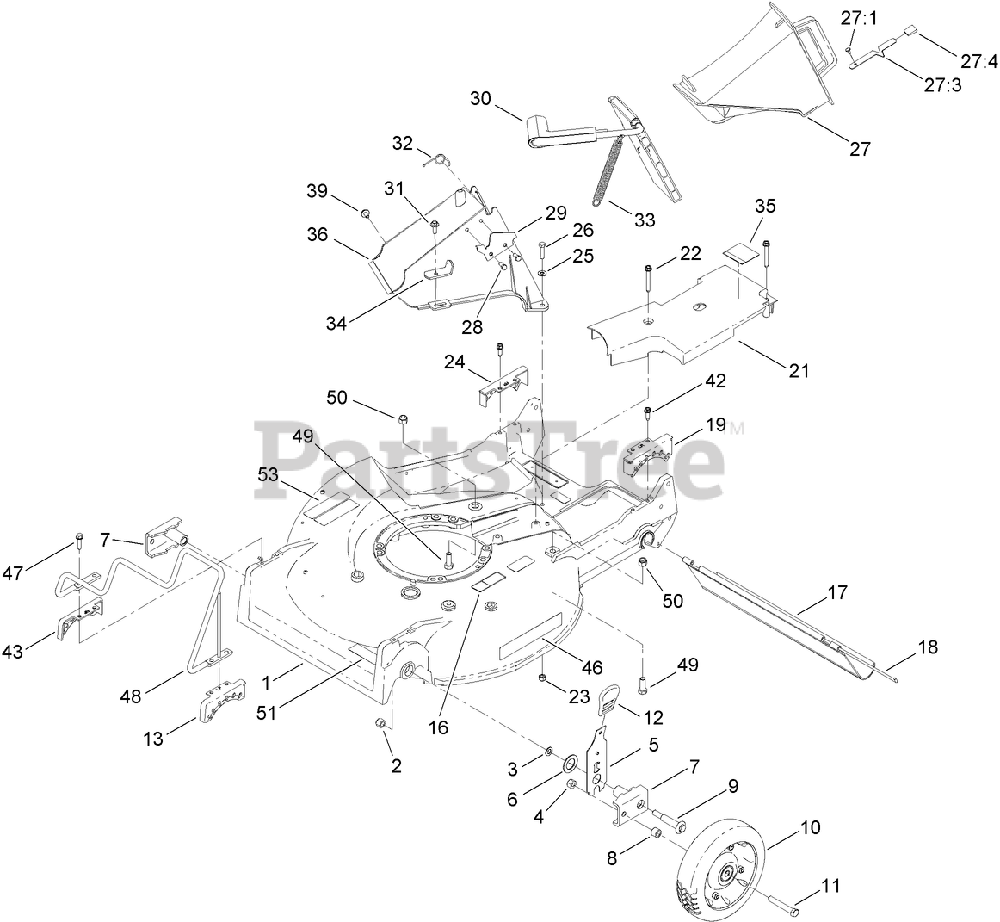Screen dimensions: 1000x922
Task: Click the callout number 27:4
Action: point(979,61)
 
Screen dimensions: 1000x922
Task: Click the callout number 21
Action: point(799,371)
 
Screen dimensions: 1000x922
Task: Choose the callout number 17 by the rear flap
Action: point(836,592)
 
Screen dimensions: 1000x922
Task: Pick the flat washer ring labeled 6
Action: point(570,765)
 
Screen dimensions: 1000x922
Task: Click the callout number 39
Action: point(318,191)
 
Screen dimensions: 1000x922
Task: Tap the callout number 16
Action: point(438,727)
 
